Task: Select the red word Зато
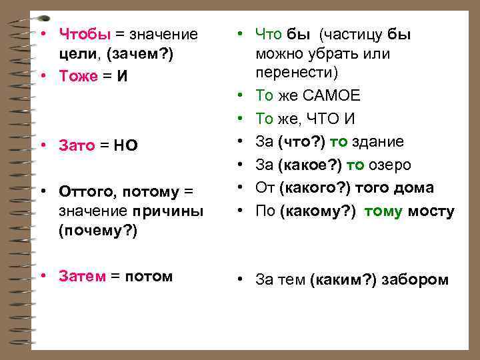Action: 77,145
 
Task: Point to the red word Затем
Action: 82,276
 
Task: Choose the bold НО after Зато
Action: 126,145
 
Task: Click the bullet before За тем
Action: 243,280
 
